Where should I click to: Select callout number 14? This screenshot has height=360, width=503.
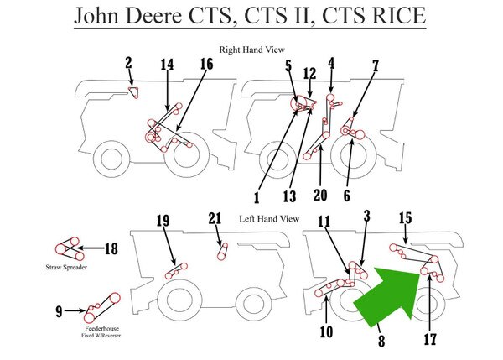click(168, 65)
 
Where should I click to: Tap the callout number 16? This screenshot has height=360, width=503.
click(206, 65)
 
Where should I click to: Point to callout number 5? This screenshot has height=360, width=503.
click(288, 64)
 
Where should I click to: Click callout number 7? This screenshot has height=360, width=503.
click(376, 65)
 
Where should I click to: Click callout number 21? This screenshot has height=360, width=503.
click(215, 220)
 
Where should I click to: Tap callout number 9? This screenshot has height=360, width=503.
click(59, 312)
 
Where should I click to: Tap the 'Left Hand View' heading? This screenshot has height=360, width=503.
click(269, 219)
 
